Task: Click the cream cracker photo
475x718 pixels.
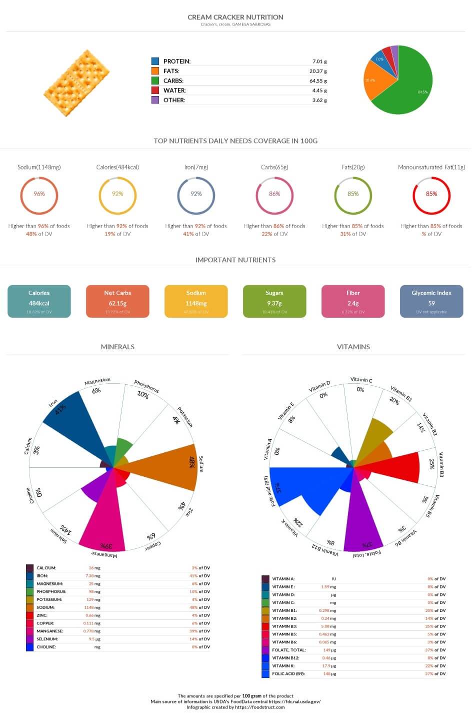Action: click(77, 83)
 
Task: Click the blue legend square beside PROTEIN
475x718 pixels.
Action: click(155, 61)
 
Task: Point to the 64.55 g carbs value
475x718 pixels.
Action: click(318, 81)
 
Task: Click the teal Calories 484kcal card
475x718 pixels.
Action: click(39, 301)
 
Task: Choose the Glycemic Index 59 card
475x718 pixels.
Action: click(431, 301)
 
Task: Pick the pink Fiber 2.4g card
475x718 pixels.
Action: click(353, 301)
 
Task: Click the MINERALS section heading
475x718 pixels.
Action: click(117, 347)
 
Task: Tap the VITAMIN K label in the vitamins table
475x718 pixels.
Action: click(283, 666)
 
